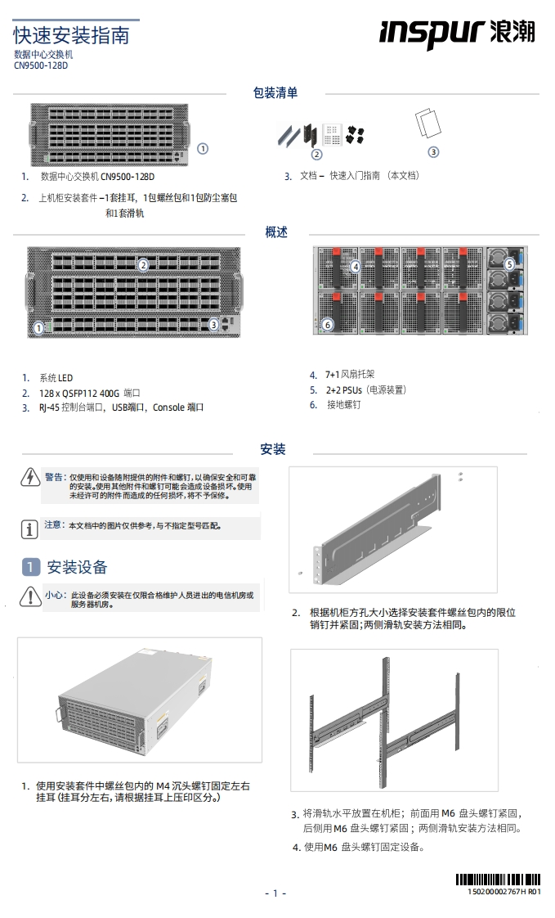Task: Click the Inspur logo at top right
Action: [457, 33]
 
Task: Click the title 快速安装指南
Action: [71, 35]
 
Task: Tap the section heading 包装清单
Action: [275, 93]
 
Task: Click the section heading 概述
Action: [276, 232]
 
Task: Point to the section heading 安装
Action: [273, 449]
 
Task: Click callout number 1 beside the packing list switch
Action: [203, 149]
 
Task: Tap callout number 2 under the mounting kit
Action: [317, 154]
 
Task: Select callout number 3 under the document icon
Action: [433, 151]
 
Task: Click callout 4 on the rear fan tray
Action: [356, 266]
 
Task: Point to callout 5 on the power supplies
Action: [509, 264]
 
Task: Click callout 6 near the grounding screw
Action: [328, 324]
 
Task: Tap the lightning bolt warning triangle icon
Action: [29, 478]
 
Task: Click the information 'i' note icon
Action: [29, 528]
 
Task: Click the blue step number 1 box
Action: [30, 567]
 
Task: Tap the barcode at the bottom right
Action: [497, 880]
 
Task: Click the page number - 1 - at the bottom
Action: [275, 893]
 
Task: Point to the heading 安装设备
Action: [77, 567]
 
